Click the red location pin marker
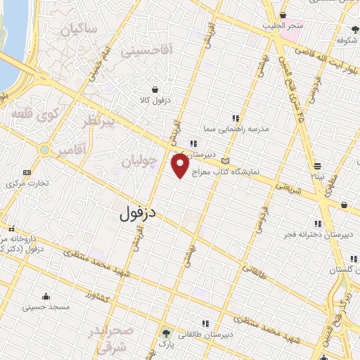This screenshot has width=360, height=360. [180, 167]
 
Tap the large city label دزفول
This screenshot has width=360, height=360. [138, 210]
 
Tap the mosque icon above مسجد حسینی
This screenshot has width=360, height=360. [46, 296]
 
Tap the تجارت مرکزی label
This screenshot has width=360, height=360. [28, 184]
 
